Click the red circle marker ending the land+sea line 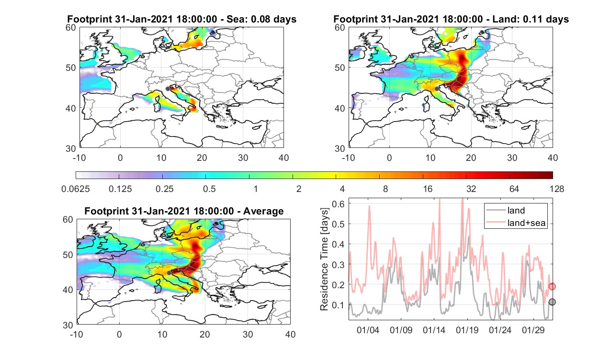[552, 286]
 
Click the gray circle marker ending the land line [552, 302]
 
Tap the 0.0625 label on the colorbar [76, 189]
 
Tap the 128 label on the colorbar [557, 189]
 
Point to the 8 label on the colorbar [385, 189]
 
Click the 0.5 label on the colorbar [209, 189]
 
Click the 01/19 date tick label [467, 330]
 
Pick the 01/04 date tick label [368, 330]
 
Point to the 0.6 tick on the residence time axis [338, 204]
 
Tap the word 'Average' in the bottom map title [263, 212]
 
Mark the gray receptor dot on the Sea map [168, 89]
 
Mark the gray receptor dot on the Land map [437, 89]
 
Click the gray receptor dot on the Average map [169, 273]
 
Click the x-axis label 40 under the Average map [291, 335]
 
